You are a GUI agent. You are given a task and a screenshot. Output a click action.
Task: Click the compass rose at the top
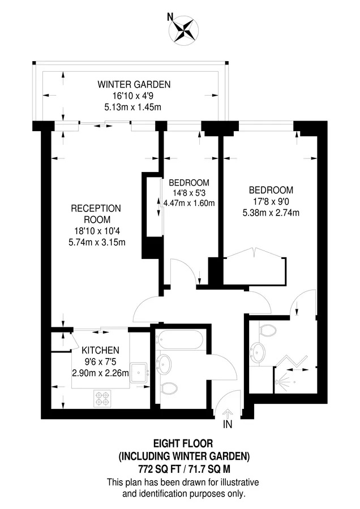(183, 30)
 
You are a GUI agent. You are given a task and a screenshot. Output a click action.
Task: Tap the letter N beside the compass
(170, 17)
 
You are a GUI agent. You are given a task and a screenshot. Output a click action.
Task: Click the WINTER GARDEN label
(134, 84)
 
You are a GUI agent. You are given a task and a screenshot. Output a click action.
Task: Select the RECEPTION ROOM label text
(96, 214)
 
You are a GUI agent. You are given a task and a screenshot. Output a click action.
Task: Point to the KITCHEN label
(100, 350)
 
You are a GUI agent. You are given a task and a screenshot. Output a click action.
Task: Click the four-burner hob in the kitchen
(102, 398)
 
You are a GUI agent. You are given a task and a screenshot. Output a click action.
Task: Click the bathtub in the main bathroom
(179, 339)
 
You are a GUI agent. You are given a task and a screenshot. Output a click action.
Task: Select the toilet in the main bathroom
(169, 388)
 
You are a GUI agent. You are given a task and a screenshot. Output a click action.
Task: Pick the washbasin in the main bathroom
(164, 364)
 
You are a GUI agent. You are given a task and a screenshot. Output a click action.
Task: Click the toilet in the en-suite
(267, 330)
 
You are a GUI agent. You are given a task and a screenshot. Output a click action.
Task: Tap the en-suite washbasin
(258, 351)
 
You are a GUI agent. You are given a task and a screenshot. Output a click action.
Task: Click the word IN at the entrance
(228, 424)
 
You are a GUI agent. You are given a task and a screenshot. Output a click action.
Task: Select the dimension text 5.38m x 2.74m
(271, 213)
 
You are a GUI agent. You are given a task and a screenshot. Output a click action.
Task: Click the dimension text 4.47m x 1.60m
(189, 203)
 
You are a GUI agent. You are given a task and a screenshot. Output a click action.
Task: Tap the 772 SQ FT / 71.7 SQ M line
(185, 469)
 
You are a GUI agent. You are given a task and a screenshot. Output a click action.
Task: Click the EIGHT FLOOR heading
(183, 443)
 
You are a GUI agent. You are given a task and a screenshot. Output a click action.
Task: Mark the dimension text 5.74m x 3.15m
(97, 242)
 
